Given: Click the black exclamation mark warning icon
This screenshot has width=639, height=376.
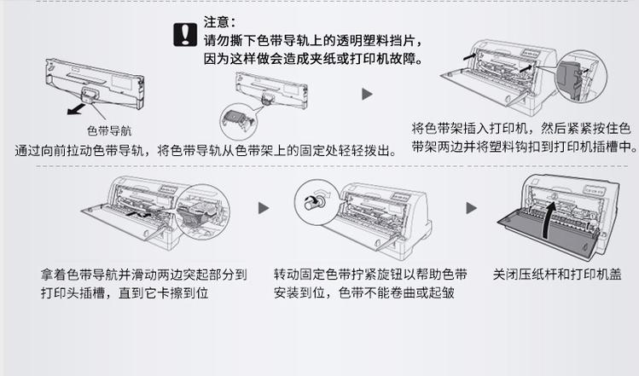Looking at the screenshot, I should coord(185,33).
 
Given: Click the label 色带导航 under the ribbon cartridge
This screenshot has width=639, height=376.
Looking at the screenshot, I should coord(109,130).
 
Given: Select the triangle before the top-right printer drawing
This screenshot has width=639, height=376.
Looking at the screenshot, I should coord(368,94).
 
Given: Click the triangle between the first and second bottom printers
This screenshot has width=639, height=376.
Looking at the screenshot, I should coord(264,208).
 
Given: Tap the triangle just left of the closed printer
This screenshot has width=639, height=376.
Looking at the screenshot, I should coord(471,208).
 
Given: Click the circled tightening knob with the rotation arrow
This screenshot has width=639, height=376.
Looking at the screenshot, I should coord(308,202).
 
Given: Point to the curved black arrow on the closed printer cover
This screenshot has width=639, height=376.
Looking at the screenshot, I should coord(552,213).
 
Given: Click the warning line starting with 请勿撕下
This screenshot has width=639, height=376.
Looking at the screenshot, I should coord(311,40).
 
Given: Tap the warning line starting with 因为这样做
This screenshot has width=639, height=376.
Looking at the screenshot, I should coord(317,59).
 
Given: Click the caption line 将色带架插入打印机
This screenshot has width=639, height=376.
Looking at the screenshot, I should coord(521,128).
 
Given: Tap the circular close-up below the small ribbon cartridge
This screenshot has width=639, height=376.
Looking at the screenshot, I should coord(235,120).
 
